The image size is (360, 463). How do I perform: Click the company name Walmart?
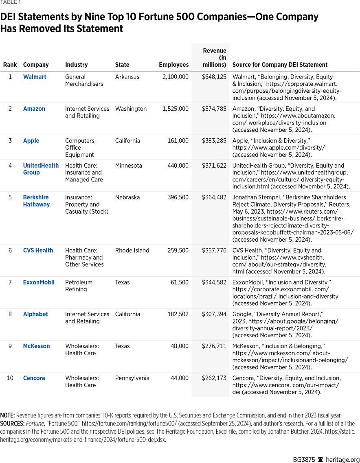[x=35, y=77]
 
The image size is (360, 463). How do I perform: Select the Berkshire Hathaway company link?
[x=36, y=201]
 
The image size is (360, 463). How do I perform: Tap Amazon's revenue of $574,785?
[x=214, y=109]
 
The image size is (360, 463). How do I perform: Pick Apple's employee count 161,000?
[x=178, y=141]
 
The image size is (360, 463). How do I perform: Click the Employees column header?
[x=173, y=65]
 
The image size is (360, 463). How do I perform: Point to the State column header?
[x=122, y=65]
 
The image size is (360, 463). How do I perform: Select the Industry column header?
[x=77, y=65]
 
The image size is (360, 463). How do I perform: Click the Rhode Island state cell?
[x=132, y=251]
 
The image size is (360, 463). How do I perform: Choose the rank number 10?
[x=10, y=378]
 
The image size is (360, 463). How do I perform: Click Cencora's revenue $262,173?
[x=214, y=378]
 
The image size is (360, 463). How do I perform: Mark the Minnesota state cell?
[x=129, y=166]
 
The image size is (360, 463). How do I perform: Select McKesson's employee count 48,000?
[x=180, y=346]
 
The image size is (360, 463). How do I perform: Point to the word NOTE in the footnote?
[x=7, y=415]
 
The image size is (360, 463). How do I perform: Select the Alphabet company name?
[x=35, y=314]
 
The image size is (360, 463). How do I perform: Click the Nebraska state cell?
[x=127, y=197]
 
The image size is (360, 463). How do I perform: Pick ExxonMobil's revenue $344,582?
[x=214, y=282]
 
